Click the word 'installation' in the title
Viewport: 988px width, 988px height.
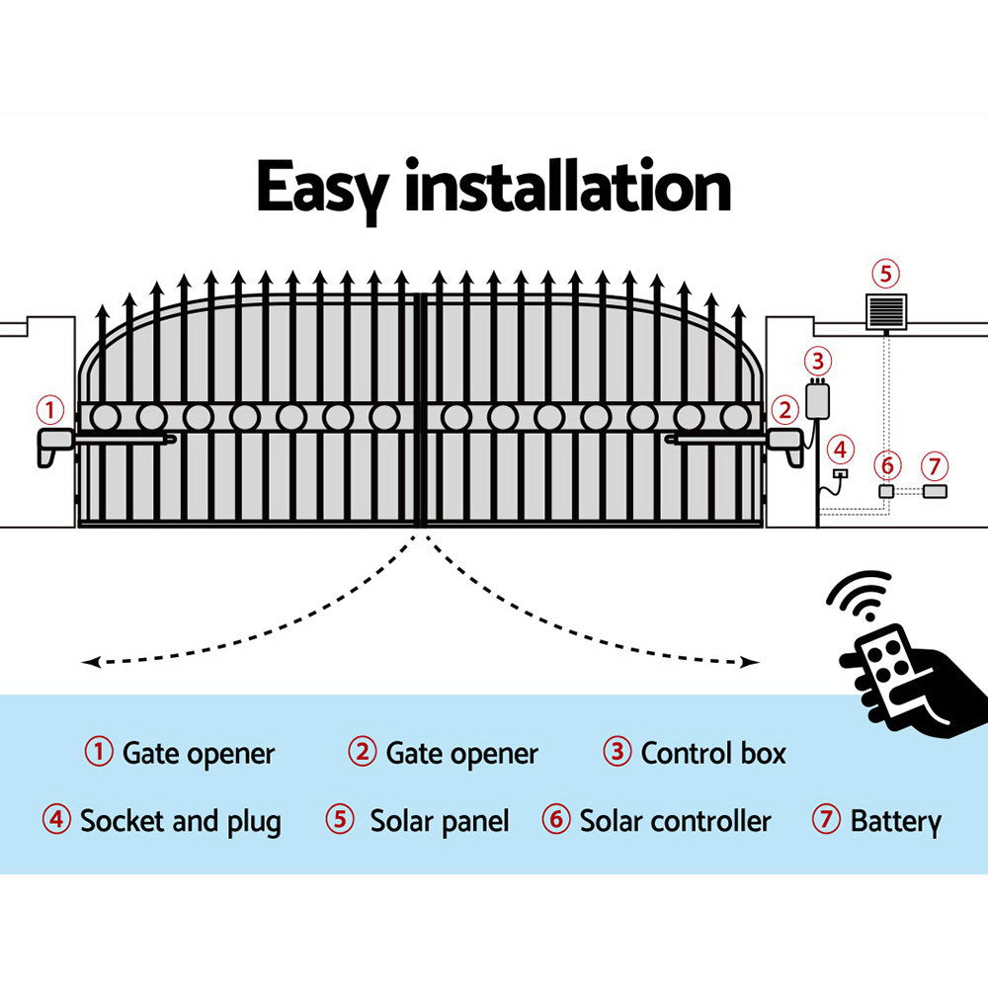[568, 188]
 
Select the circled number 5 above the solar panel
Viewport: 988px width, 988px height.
[885, 274]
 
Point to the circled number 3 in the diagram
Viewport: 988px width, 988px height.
[817, 361]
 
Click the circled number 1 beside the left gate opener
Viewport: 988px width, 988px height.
[50, 409]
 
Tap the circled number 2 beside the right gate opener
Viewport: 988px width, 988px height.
[784, 409]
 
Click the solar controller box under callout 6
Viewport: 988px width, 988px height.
[886, 491]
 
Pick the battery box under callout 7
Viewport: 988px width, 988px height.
[934, 491]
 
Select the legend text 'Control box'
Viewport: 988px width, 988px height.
[712, 754]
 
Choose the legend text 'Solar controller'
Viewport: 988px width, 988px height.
[675, 821]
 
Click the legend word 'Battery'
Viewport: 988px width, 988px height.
[895, 821]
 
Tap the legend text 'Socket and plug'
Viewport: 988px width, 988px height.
[180, 821]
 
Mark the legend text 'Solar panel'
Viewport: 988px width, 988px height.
[440, 821]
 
